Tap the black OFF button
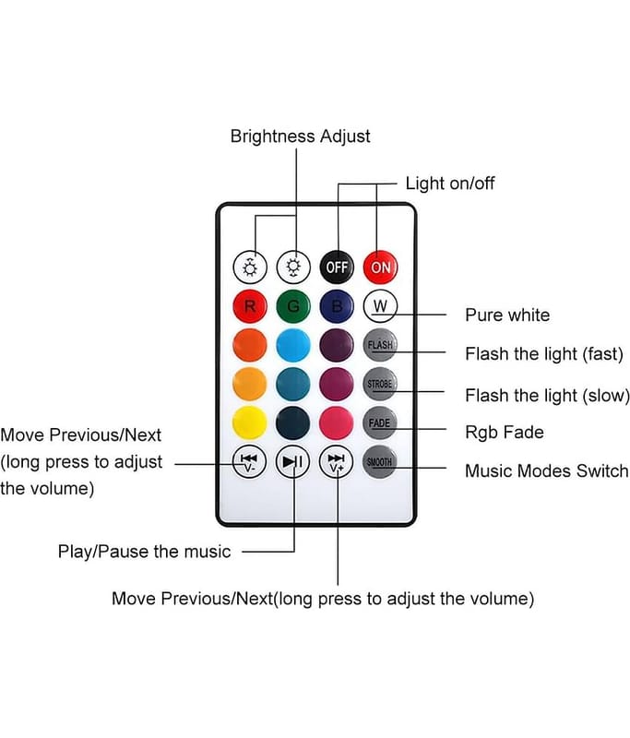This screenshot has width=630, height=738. click(x=337, y=268)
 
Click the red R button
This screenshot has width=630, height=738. click(x=249, y=306)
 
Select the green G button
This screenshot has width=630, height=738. click(x=293, y=306)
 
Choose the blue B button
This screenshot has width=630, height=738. click(x=337, y=306)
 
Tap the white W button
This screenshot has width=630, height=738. click(x=379, y=305)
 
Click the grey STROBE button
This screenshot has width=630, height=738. click(x=379, y=383)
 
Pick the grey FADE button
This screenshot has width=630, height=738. click(x=379, y=422)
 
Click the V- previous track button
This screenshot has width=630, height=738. click(x=249, y=461)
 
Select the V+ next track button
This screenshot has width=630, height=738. click(x=337, y=461)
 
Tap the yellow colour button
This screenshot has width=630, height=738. click(x=249, y=422)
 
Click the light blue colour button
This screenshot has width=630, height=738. click(x=293, y=345)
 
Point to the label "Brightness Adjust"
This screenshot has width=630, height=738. click(x=300, y=136)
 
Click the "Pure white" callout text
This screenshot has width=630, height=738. click(x=506, y=315)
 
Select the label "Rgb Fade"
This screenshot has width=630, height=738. click(x=504, y=431)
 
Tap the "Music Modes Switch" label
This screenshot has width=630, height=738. click(x=546, y=470)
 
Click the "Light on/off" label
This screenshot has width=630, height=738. click(x=450, y=183)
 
